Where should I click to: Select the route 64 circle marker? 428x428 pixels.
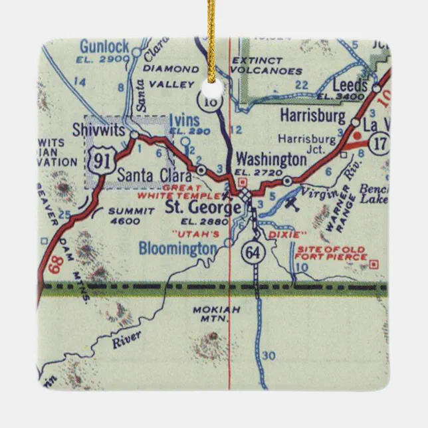pos(251,253)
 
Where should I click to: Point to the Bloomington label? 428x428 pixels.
pos(177,248)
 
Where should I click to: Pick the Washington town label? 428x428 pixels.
pos(271,160)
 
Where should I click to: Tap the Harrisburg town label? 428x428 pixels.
pos(313,116)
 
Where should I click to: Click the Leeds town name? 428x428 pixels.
pos(350,86)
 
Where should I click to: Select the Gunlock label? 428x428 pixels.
pos(104,47)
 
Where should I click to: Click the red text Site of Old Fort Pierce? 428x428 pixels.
pos(330,253)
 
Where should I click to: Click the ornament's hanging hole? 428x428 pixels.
pos(213,90)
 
